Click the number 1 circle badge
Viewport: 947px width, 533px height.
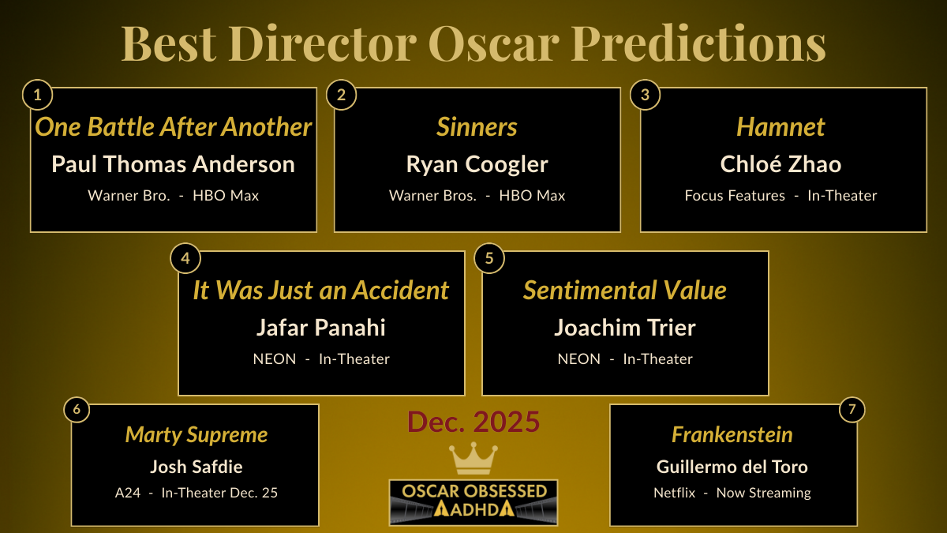pyautogui.click(x=37, y=96)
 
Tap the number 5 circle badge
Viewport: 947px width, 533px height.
pyautogui.click(x=489, y=259)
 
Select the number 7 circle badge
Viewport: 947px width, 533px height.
pyautogui.click(x=851, y=409)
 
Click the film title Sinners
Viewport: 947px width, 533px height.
pyautogui.click(x=477, y=127)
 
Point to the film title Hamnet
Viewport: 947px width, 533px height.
pyautogui.click(x=780, y=127)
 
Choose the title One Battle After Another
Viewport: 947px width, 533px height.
pyautogui.click(x=174, y=127)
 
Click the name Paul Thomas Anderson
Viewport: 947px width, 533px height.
pyautogui.click(x=174, y=164)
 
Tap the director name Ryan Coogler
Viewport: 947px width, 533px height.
pyautogui.click(x=477, y=164)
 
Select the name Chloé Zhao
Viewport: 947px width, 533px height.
pyautogui.click(x=780, y=164)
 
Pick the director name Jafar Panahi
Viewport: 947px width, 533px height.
pyautogui.click(x=321, y=327)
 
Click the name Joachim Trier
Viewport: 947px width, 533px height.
pyautogui.click(x=625, y=327)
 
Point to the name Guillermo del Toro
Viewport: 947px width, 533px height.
pyautogui.click(x=732, y=467)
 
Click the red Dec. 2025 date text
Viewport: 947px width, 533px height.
pyautogui.click(x=473, y=422)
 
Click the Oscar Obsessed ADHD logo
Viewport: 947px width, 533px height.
pyautogui.click(x=473, y=501)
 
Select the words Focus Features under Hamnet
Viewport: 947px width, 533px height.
pyautogui.click(x=735, y=196)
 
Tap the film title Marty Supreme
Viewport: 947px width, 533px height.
pyautogui.click(x=197, y=435)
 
